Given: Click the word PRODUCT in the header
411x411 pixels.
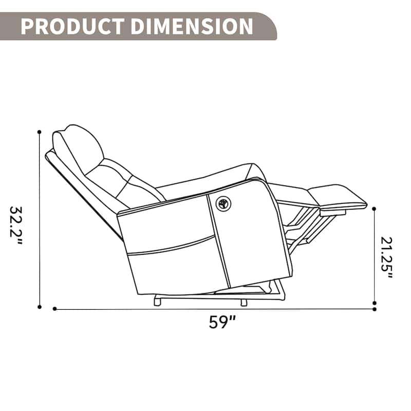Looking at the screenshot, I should coord(72,26).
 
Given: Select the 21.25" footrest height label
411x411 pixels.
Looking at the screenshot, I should coord(387,257).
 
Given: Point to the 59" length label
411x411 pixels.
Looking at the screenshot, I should coord(222,322).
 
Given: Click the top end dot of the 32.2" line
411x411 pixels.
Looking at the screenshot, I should coord(40,132).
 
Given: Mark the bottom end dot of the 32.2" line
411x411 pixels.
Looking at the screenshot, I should coord(40,307).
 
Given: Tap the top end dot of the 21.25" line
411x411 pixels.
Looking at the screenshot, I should coord(374,209).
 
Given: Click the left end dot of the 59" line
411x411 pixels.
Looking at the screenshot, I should coord(54,309).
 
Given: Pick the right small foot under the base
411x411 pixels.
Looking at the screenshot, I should coord(244,303).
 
